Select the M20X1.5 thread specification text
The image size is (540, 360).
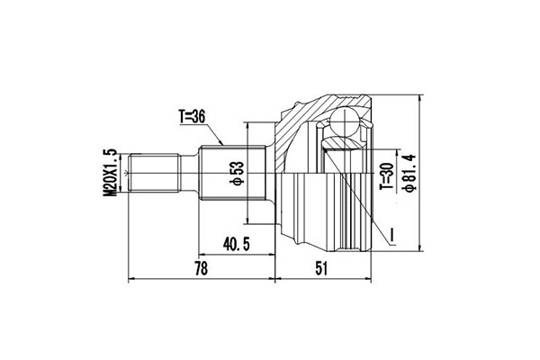click(x=111, y=172)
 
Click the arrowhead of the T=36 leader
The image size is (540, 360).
click(x=222, y=144)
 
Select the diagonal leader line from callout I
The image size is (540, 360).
click(x=360, y=193)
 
